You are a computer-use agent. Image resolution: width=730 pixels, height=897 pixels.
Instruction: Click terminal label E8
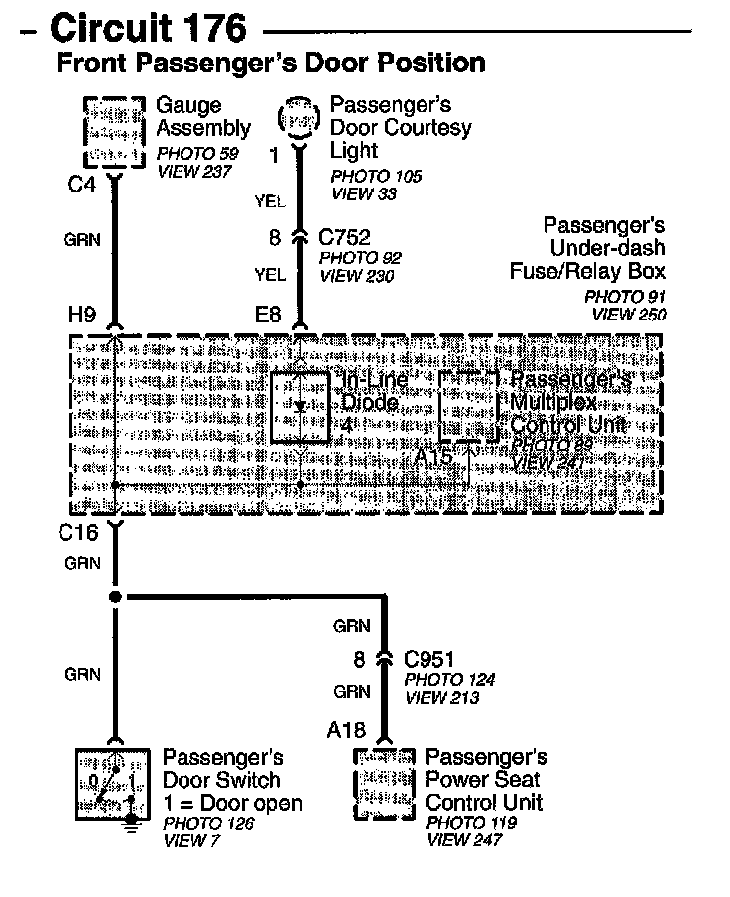(x=269, y=317)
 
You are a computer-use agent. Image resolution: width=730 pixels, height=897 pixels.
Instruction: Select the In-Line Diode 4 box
(x=300, y=407)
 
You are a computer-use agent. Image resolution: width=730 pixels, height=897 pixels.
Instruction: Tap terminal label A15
(x=433, y=458)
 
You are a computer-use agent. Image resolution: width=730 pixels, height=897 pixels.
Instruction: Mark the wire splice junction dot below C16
(x=115, y=597)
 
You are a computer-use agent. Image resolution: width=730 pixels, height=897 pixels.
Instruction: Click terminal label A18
(x=346, y=731)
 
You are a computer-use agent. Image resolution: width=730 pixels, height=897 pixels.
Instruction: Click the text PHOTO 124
(x=449, y=681)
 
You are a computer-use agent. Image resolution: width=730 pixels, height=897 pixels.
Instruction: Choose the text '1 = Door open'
(x=232, y=803)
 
